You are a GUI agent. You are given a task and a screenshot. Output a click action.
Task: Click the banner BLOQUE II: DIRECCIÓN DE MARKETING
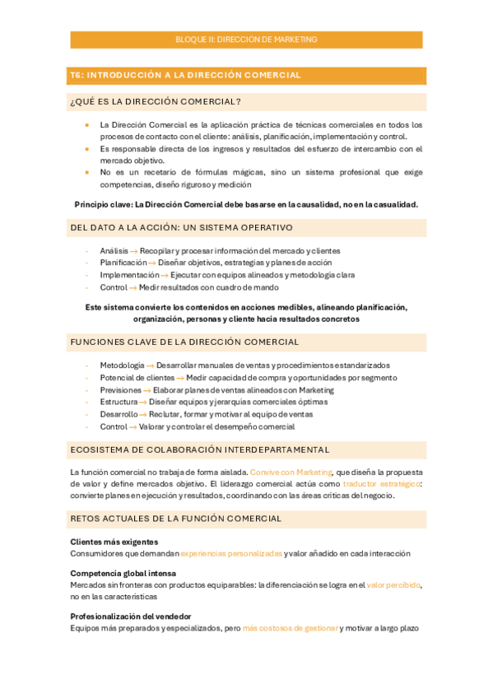pyautogui.click(x=246, y=40)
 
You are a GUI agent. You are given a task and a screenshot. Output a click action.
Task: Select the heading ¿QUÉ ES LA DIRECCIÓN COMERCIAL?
pyautogui.click(x=156, y=102)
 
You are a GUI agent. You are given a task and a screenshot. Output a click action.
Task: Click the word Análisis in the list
pyautogui.click(x=114, y=250)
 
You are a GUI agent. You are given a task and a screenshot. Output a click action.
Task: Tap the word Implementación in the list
pyautogui.click(x=129, y=275)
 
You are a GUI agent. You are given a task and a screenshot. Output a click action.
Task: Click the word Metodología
pyautogui.click(x=122, y=365)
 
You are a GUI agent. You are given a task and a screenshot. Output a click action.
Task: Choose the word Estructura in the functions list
pyautogui.click(x=119, y=402)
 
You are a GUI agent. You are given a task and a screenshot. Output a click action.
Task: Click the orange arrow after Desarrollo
pyautogui.click(x=144, y=414)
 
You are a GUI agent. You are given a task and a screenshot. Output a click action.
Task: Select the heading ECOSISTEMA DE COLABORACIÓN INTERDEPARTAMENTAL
pyautogui.click(x=200, y=449)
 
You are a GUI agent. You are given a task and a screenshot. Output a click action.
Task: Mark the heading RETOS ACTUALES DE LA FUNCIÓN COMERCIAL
pyautogui.click(x=176, y=519)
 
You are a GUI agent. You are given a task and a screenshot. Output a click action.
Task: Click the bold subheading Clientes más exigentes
pyautogui.click(x=114, y=542)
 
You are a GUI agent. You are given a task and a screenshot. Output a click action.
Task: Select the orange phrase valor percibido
pyautogui.click(x=393, y=584)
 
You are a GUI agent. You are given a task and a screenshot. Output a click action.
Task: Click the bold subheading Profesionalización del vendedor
pyautogui.click(x=131, y=616)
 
